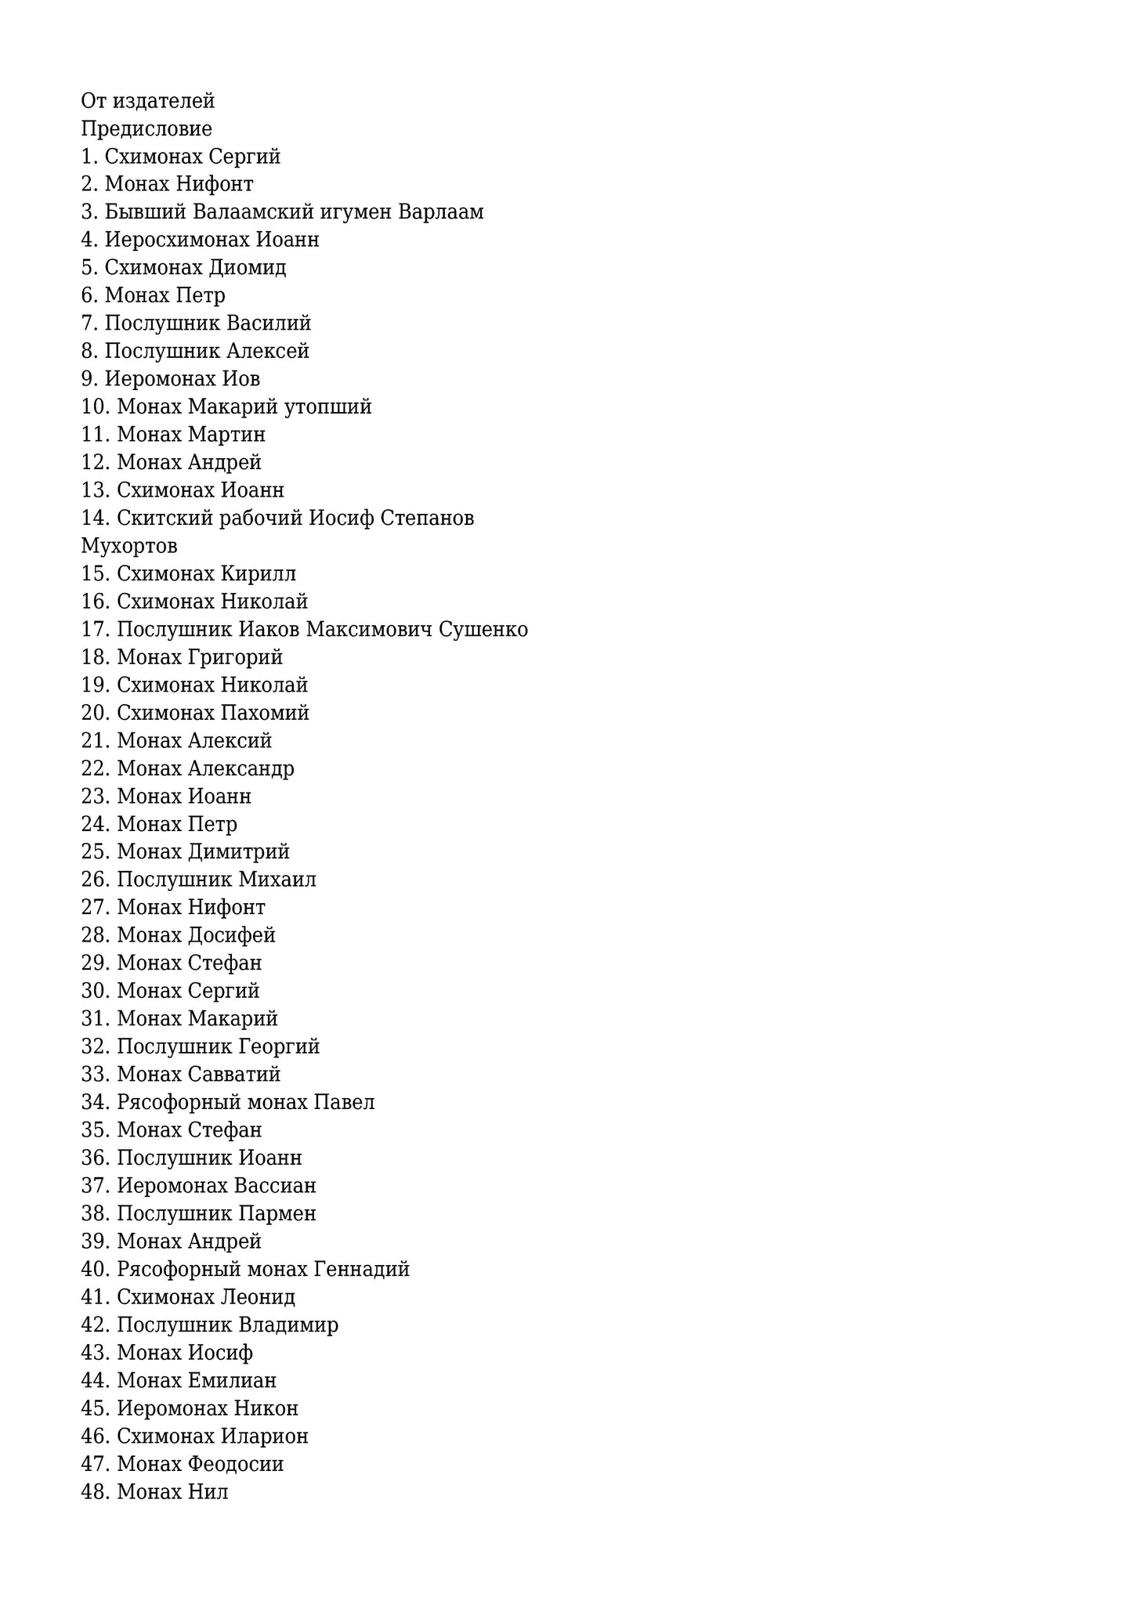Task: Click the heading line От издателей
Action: tap(147, 101)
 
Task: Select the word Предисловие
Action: tap(146, 128)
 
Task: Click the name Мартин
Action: tap(226, 435)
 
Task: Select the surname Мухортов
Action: tap(129, 546)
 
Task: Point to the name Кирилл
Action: tap(258, 574)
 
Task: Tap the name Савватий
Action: tap(234, 1075)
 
